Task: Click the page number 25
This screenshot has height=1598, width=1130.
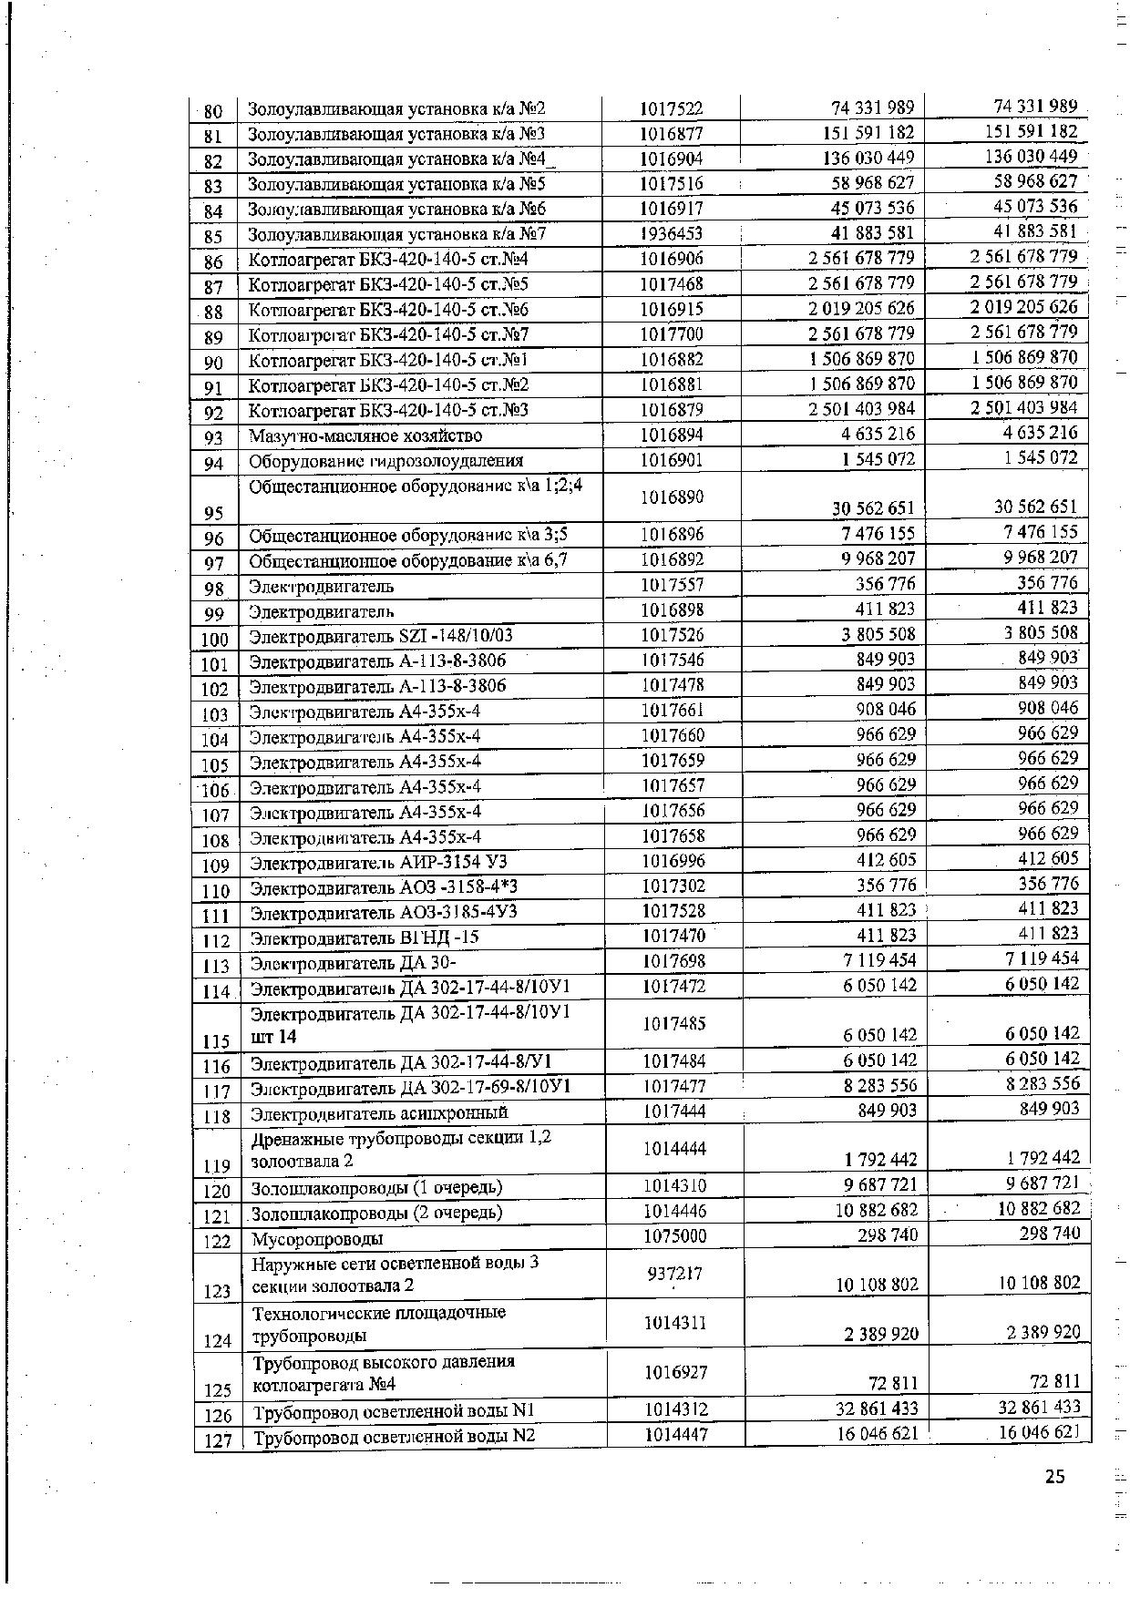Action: (1054, 1477)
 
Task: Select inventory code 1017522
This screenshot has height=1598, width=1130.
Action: (671, 109)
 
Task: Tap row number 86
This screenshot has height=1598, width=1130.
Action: (214, 262)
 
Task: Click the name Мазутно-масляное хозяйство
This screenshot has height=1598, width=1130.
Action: (365, 436)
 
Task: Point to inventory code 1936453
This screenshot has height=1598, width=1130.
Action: (671, 234)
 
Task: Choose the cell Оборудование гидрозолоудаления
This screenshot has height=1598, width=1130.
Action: (386, 461)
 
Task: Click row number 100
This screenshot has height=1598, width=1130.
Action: (214, 640)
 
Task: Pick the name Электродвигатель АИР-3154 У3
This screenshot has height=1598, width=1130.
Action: (378, 862)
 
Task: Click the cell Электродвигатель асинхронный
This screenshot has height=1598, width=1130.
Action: (379, 1112)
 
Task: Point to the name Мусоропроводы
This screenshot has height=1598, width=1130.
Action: (317, 1238)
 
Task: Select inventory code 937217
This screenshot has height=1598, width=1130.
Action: (673, 1274)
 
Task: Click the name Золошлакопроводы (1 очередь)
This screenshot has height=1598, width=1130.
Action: (376, 1187)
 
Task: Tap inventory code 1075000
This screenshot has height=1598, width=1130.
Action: (674, 1236)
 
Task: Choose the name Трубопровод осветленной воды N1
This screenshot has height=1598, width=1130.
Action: (393, 1412)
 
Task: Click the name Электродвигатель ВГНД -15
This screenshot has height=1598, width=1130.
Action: (365, 937)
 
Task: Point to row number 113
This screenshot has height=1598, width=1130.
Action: (215, 967)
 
